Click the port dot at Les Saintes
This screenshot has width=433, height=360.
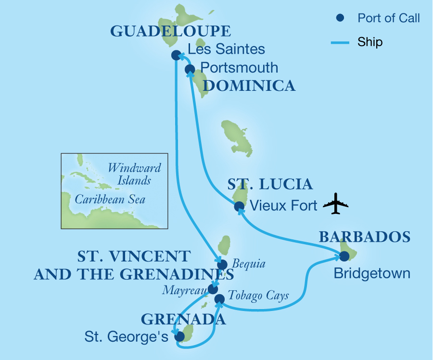[x=176, y=55]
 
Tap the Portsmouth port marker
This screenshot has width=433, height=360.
[x=190, y=69]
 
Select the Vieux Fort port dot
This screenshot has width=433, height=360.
[x=239, y=207]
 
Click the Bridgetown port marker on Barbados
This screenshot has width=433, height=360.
[x=344, y=256]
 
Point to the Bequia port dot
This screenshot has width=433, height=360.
[x=222, y=264]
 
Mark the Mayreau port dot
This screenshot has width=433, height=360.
[x=213, y=289]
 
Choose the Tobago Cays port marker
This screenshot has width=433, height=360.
[x=219, y=300]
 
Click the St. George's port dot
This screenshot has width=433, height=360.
[x=179, y=337]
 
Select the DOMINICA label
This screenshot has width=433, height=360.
[x=249, y=86]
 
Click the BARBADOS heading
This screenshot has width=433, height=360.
[x=365, y=236]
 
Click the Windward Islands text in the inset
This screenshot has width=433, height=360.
[x=134, y=174]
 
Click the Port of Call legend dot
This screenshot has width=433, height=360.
[x=340, y=18]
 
